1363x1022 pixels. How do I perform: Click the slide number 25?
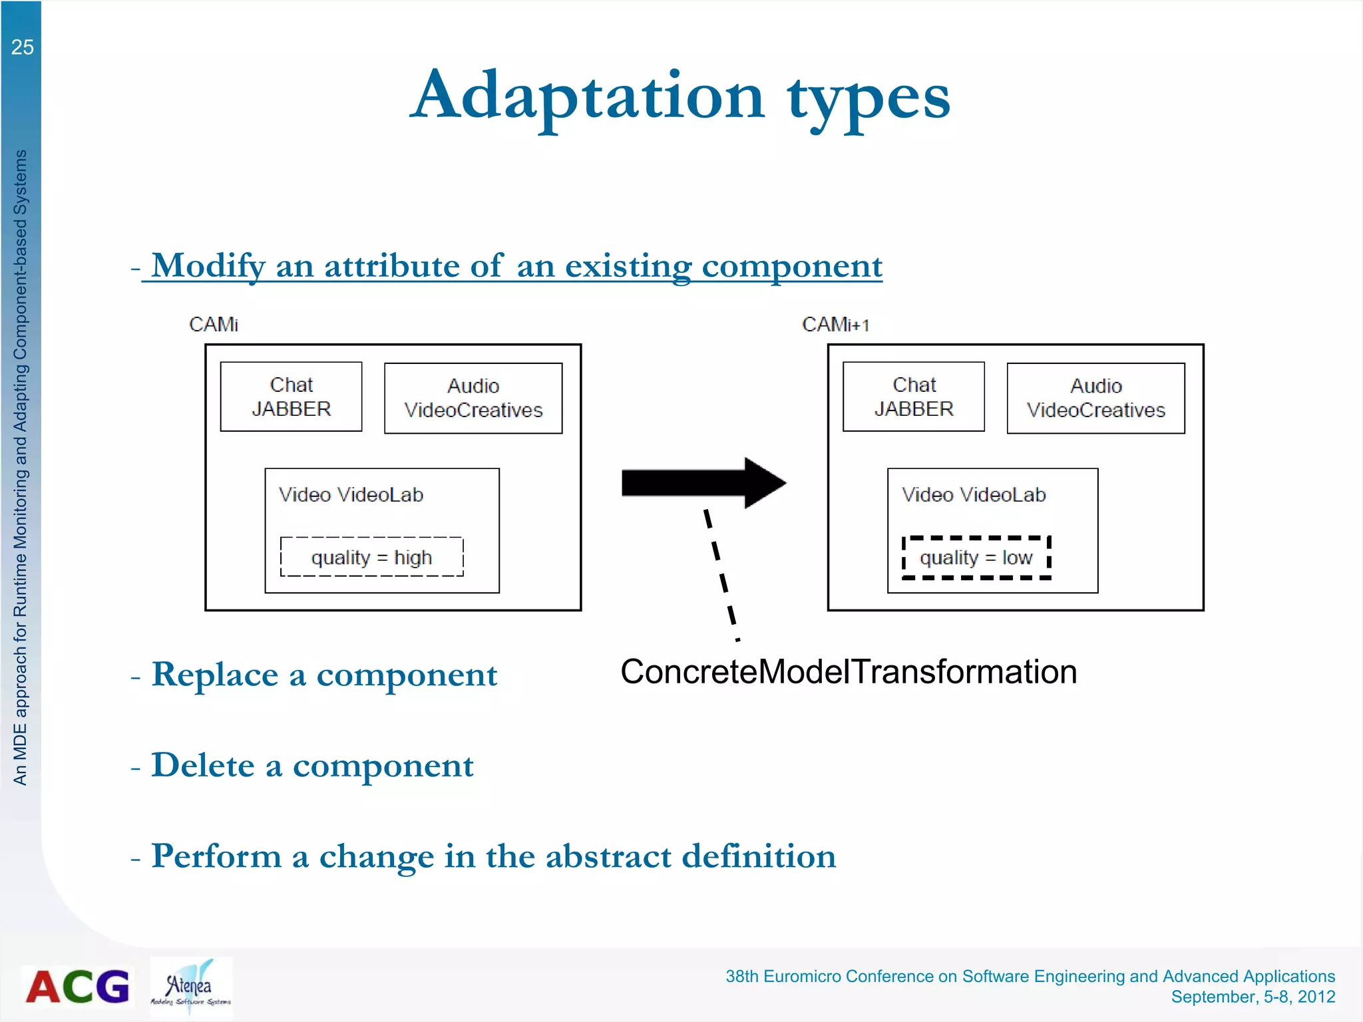pyautogui.click(x=22, y=47)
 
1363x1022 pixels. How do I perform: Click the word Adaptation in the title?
pyautogui.click(x=588, y=96)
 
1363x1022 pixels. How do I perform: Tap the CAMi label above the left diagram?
pyautogui.click(x=213, y=324)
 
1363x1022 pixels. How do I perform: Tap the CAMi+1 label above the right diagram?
pyautogui.click(x=835, y=325)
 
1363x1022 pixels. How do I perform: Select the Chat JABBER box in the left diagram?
pyautogui.click(x=291, y=397)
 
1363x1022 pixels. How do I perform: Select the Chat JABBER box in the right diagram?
pyautogui.click(x=913, y=397)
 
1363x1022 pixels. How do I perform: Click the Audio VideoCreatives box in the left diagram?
pyautogui.click(x=473, y=398)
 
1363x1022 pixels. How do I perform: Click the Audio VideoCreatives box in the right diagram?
pyautogui.click(x=1095, y=398)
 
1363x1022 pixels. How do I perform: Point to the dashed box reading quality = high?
pyautogui.click(x=371, y=557)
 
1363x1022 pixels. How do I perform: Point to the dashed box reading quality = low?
pyautogui.click(x=976, y=558)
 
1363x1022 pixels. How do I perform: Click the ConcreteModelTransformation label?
pyautogui.click(x=849, y=671)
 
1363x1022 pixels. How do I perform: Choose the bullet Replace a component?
pyautogui.click(x=323, y=675)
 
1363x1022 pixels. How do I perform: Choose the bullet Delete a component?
pyautogui.click(x=312, y=765)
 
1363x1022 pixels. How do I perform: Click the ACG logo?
pyautogui.click(x=77, y=986)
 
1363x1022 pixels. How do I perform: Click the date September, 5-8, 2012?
pyautogui.click(x=1253, y=997)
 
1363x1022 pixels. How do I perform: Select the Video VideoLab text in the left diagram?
pyautogui.click(x=351, y=495)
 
